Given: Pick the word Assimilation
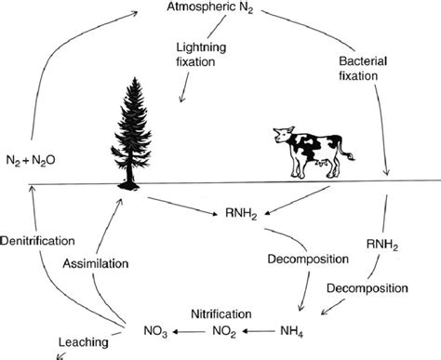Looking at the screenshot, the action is pyautogui.click(x=94, y=264).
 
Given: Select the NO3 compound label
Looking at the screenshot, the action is pyautogui.click(x=157, y=328).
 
